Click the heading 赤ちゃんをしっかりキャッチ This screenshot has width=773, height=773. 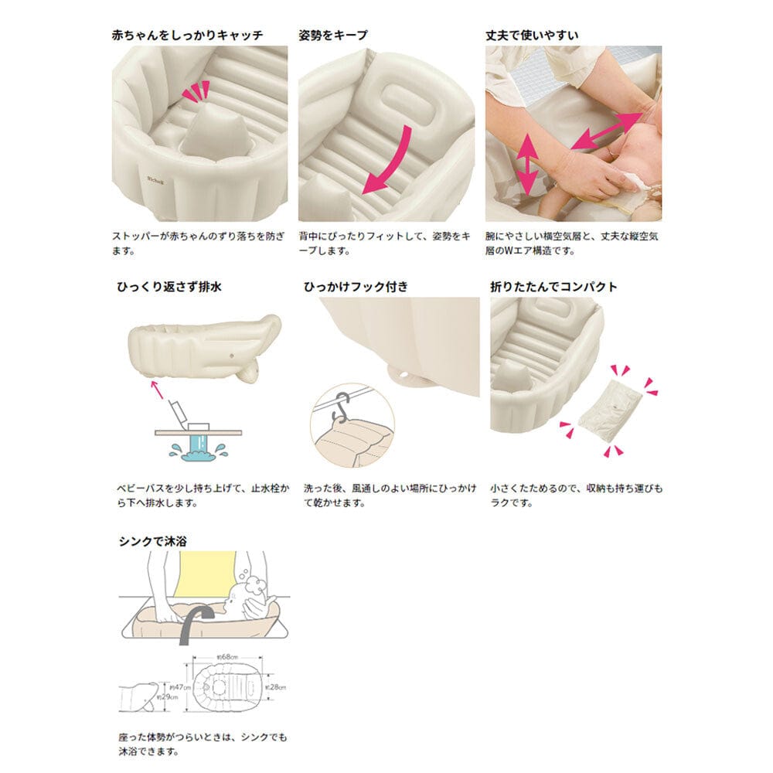188,35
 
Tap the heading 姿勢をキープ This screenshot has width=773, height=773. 333,35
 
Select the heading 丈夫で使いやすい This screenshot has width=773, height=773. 532,35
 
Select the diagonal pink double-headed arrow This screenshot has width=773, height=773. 606,128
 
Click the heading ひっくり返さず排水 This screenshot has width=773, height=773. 168,286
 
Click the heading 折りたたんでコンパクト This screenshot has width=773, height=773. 553,286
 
